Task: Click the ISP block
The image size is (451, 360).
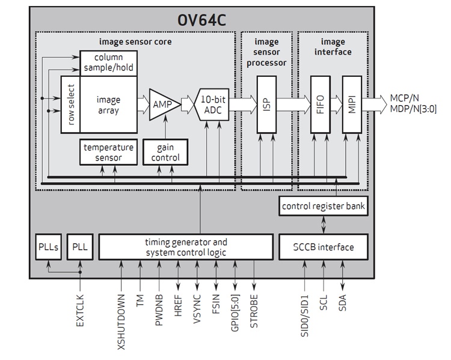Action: pos(266,104)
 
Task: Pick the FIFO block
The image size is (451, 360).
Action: pos(320,104)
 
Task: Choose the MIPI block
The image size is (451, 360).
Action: pos(351,104)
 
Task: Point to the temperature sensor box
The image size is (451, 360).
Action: pos(109,153)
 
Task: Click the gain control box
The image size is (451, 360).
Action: pos(161,153)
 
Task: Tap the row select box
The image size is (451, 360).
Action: pos(70,104)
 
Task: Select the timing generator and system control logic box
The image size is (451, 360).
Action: pos(186,247)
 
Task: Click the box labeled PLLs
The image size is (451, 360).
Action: pos(47,247)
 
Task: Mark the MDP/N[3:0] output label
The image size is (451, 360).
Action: pos(413,109)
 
